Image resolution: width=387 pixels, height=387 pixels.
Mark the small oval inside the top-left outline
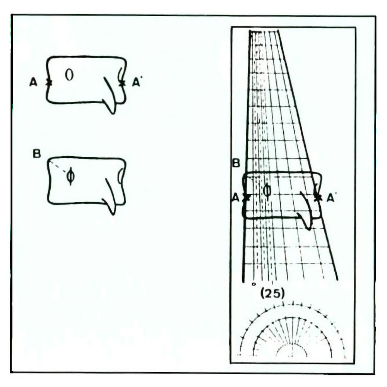coord(69,75)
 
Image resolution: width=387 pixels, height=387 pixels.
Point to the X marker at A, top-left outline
coord(48,82)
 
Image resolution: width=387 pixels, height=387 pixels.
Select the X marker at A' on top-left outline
coord(122,82)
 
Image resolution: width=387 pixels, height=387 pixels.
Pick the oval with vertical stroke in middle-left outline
coord(70,176)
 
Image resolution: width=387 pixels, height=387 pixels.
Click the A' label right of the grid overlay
coord(331,198)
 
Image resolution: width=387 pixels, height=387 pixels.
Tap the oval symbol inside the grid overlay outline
coord(267,190)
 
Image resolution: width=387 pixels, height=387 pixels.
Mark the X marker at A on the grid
coord(247,198)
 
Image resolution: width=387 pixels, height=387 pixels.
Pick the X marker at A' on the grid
coord(318,197)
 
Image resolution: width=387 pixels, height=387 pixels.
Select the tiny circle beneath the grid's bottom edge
coord(253,284)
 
